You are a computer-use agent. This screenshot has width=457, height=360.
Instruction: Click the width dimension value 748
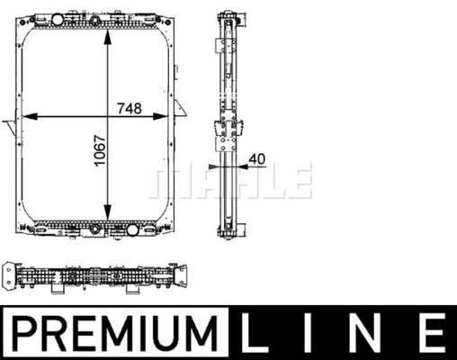click(x=130, y=108)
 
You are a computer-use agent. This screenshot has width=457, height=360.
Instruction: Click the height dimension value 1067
click(x=100, y=150)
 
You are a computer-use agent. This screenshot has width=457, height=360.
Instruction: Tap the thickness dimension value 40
click(x=257, y=158)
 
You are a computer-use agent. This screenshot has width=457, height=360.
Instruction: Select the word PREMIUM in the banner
click(x=115, y=333)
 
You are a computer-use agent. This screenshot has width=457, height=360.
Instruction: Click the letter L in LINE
click(x=254, y=333)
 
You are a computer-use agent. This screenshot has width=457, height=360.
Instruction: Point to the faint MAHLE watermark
click(x=230, y=180)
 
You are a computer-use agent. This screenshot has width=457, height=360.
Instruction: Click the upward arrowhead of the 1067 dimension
click(x=107, y=38)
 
